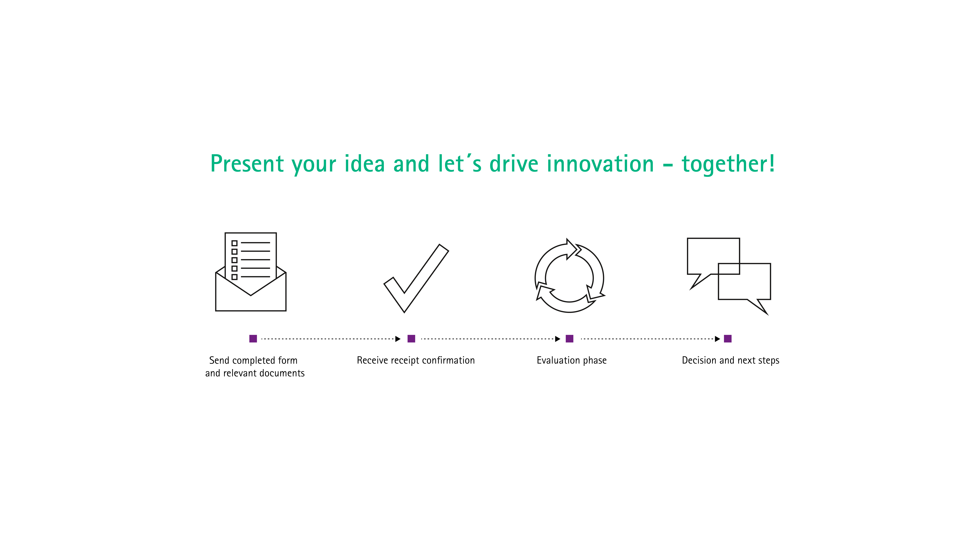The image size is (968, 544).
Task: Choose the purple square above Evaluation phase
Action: click(x=570, y=339)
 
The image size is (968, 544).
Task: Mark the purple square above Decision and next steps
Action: click(x=728, y=339)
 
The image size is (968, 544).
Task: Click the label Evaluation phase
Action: click(x=572, y=360)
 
